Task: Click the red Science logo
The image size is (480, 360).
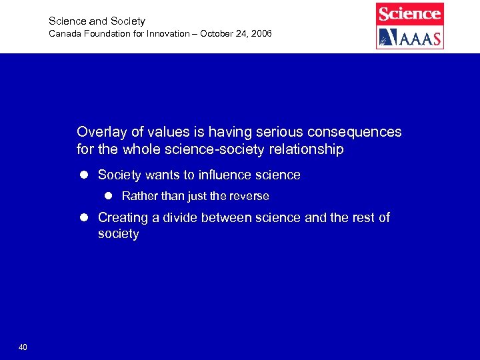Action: click(409, 13)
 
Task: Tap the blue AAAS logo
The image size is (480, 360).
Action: click(409, 37)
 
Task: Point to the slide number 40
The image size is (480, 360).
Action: click(23, 347)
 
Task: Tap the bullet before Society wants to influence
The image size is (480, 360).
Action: click(85, 175)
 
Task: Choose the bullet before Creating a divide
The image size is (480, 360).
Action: click(85, 218)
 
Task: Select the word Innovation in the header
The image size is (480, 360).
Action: click(160, 33)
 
